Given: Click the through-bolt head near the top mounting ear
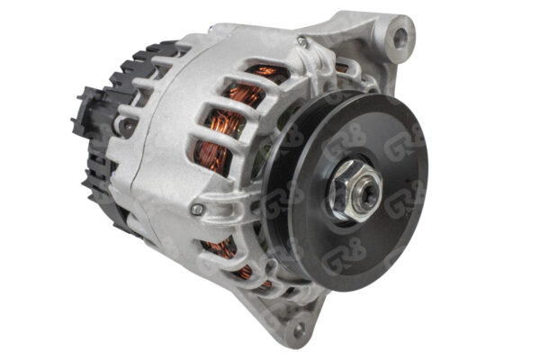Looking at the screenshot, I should click(x=302, y=42).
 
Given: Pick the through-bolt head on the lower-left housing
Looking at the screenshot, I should click(x=197, y=210).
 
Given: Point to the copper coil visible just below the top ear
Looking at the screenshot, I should click(x=341, y=67).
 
